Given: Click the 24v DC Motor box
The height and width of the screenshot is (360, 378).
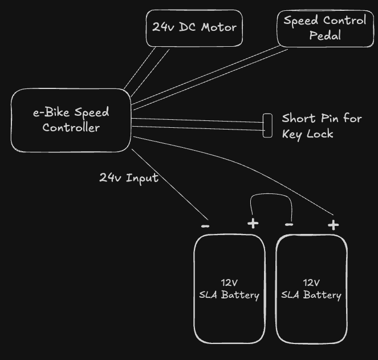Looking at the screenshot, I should coord(194,27).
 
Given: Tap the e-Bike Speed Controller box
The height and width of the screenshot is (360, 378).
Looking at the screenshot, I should coord(71,120).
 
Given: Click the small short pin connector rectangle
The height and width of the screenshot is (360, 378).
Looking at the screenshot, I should coord(267,126).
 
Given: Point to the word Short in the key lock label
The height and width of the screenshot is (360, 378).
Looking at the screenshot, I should coord(299,119).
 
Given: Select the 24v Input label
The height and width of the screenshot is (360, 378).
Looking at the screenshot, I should coord(128,178).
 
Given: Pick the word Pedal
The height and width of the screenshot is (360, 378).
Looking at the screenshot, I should coord(325,35).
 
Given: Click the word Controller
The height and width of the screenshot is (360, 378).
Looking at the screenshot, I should coord(71,128).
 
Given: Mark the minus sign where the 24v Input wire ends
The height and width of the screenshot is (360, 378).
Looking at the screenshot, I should coord(205,226).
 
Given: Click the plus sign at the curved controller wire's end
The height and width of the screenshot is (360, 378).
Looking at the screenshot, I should coord(333,225).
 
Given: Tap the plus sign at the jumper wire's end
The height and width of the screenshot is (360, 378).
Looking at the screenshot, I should coord(253,223).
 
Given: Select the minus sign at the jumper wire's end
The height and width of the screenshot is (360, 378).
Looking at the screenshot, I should coord(289,225).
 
